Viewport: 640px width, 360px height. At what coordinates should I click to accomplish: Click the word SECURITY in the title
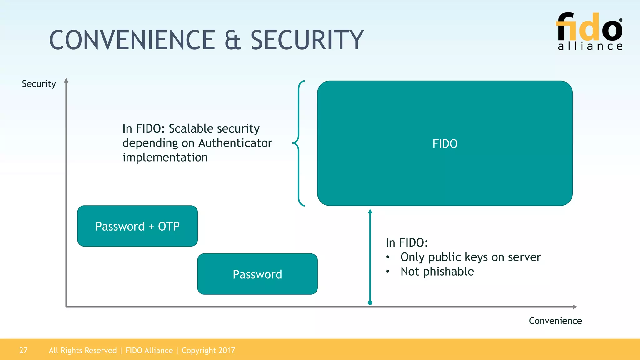tap(307, 40)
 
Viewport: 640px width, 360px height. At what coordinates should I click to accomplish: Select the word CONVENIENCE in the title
tap(132, 40)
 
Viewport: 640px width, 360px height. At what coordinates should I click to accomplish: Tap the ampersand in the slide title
tap(233, 41)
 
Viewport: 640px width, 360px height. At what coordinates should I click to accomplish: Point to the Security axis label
tap(39, 84)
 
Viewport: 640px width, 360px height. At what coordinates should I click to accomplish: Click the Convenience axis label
tap(555, 321)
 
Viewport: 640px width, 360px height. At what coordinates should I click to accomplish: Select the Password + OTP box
tap(137, 226)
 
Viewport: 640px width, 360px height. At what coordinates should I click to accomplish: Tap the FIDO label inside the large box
tap(445, 144)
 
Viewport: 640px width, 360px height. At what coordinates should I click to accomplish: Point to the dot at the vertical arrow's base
tap(370, 302)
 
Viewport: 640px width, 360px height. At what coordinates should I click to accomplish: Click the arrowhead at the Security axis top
tap(66, 80)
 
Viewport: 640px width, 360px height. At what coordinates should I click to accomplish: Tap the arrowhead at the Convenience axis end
tap(575, 307)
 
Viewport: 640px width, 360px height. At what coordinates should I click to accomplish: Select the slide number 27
tap(23, 351)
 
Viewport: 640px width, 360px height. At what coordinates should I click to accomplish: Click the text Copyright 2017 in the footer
tap(208, 351)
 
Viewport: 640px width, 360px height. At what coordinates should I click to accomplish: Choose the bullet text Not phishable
tap(437, 272)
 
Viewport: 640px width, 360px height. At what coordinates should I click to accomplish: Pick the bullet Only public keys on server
tap(470, 257)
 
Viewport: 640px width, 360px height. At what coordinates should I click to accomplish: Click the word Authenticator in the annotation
tap(235, 143)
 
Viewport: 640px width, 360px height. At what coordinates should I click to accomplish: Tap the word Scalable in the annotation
tap(191, 129)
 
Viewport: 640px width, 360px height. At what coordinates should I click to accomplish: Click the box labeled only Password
tap(257, 274)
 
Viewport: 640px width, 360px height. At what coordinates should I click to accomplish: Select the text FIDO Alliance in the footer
tap(149, 351)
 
